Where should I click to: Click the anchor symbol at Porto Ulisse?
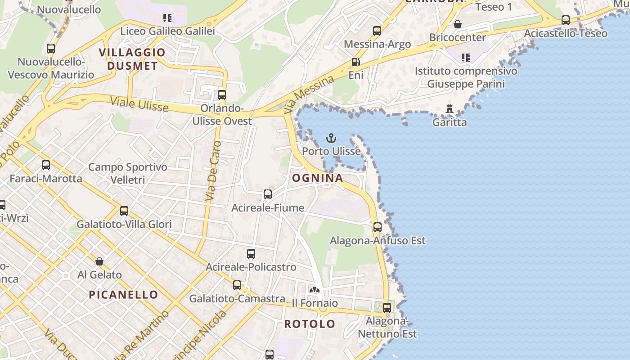pyautogui.click(x=331, y=138)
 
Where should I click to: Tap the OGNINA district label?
pyautogui.click(x=318, y=178)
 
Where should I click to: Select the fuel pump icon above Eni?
pyautogui.click(x=355, y=63)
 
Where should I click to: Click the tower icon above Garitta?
pyautogui.click(x=449, y=109)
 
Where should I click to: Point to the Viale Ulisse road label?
pyautogui.click(x=139, y=104)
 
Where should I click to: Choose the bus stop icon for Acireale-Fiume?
pyautogui.click(x=268, y=194)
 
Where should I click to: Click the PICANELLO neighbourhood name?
pyautogui.click(x=123, y=295)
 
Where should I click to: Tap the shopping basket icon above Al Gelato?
pyautogui.click(x=99, y=261)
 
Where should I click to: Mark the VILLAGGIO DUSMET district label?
pyautogui.click(x=132, y=59)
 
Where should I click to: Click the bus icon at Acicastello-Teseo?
pyautogui.click(x=566, y=20)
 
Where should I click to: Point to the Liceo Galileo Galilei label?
pyautogui.click(x=167, y=31)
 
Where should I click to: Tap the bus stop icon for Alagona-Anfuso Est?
pyautogui.click(x=378, y=227)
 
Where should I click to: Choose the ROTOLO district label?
pyautogui.click(x=310, y=324)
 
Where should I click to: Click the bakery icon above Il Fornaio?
pyautogui.click(x=315, y=290)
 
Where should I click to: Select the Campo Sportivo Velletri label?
pyautogui.click(x=128, y=173)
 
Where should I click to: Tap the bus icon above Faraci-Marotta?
pyautogui.click(x=46, y=165)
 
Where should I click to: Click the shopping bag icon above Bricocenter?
pyautogui.click(x=458, y=24)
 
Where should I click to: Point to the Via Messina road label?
pyautogui.click(x=310, y=94)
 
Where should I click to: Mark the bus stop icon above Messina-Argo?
pyautogui.click(x=377, y=31)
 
